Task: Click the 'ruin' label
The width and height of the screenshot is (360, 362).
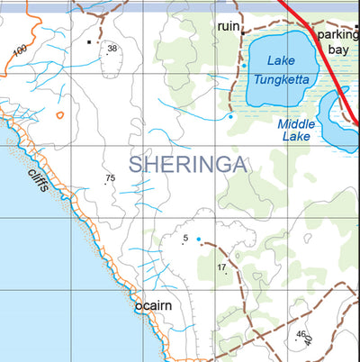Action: click(x=229, y=27)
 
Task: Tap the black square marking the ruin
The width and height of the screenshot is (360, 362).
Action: click(x=242, y=32)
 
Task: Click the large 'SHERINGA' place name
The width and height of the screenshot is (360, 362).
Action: click(x=188, y=163)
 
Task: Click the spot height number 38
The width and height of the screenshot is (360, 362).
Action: click(x=112, y=49)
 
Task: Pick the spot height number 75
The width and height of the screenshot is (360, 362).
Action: click(x=110, y=178)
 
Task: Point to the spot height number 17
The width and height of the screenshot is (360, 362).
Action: click(x=221, y=267)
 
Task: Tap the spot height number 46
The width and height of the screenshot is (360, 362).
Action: click(x=300, y=334)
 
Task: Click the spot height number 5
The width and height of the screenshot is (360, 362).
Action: click(x=185, y=239)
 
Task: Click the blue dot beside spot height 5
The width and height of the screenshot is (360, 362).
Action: click(x=198, y=239)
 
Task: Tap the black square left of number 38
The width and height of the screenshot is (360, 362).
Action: click(x=89, y=41)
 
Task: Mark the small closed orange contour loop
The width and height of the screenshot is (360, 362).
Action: click(x=59, y=114)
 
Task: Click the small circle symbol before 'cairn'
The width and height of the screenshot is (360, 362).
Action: click(x=138, y=307)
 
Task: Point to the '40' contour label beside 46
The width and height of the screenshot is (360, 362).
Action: click(x=310, y=339)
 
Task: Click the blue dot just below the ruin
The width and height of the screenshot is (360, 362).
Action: click(x=243, y=66)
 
